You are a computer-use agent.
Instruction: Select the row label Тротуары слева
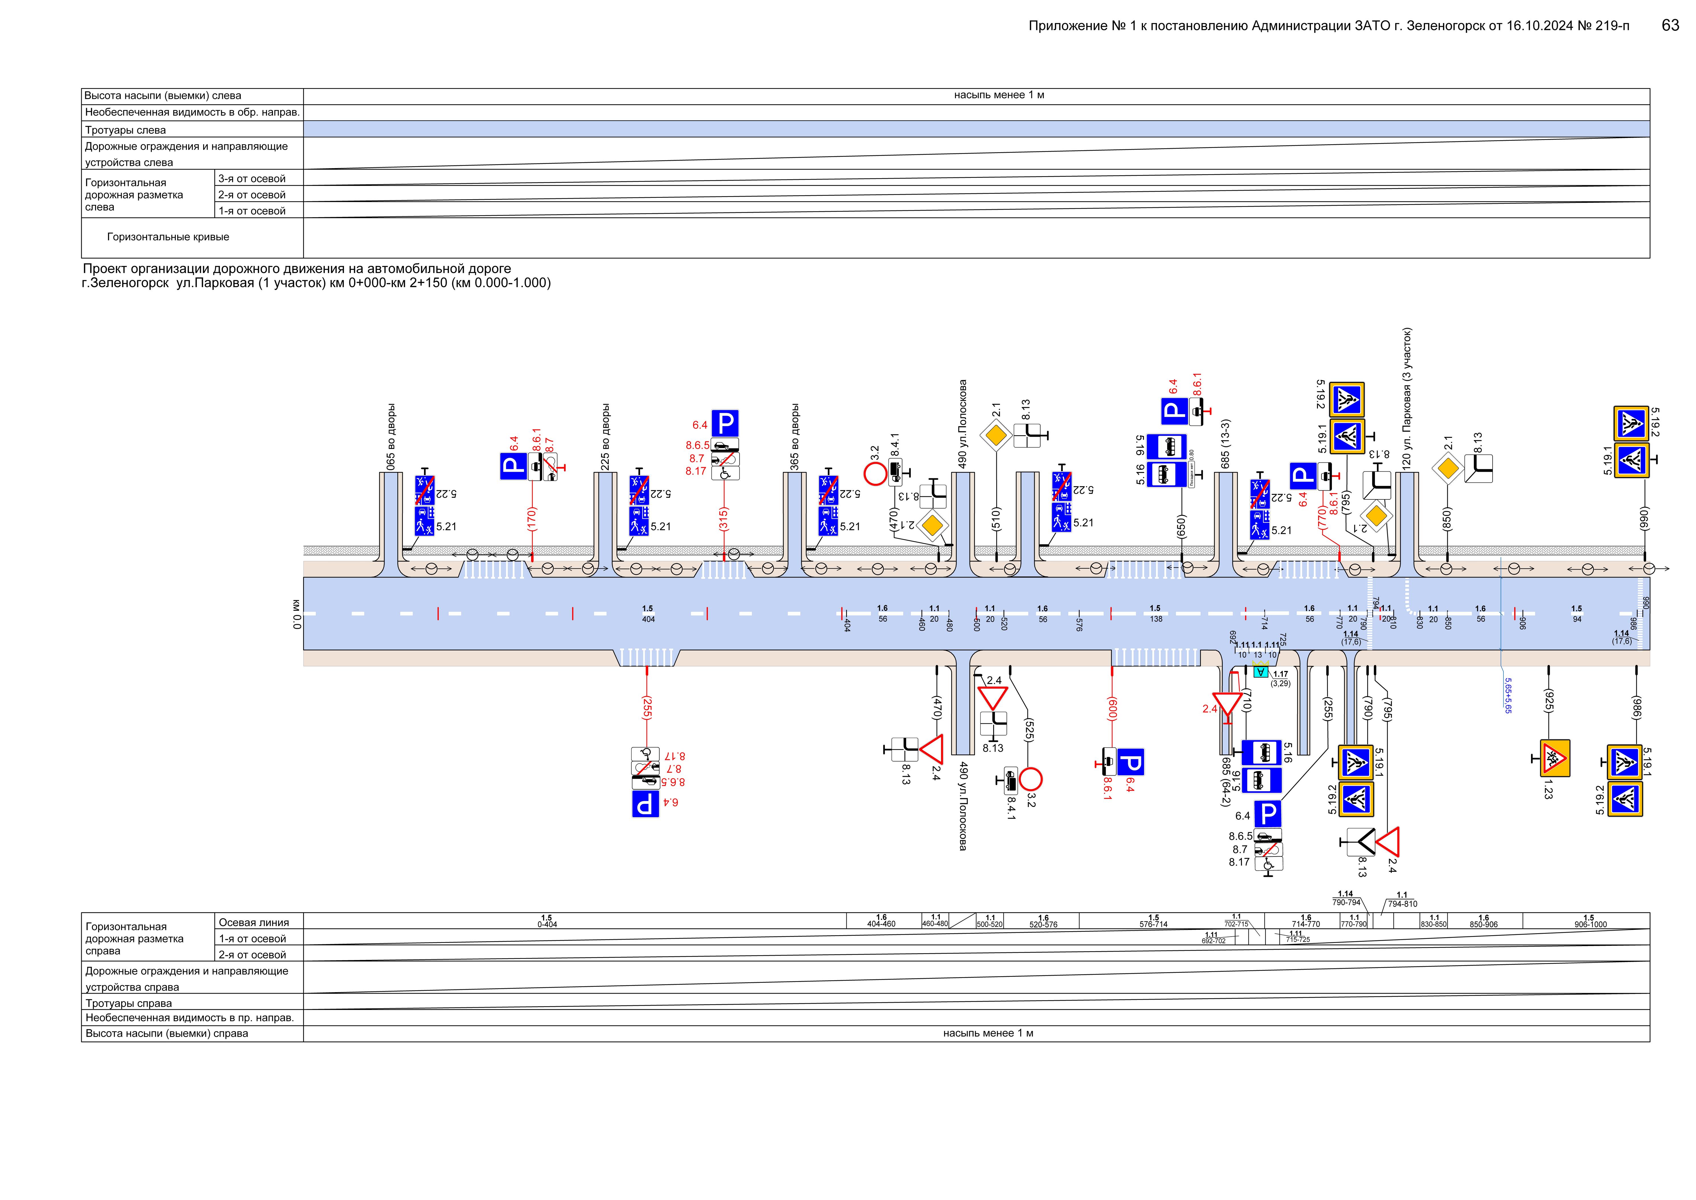[x=126, y=130]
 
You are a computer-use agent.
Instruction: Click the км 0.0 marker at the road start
[x=296, y=613]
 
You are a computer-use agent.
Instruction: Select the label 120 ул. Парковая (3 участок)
[x=1407, y=398]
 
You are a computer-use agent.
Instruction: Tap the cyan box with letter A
[x=1261, y=672]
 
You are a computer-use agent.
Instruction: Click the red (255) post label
[x=647, y=708]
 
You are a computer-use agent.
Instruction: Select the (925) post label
[x=1548, y=701]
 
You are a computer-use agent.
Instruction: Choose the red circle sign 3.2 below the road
[x=1030, y=779]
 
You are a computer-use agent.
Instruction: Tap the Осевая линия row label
[x=253, y=922]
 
